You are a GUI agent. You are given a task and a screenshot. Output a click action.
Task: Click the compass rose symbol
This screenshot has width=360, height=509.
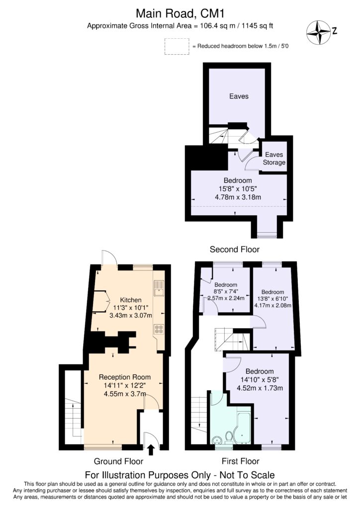click(318, 31)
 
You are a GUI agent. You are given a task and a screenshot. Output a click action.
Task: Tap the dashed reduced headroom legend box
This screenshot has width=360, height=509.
click(177, 46)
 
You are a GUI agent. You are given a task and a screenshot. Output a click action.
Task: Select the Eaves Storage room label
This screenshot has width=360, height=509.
click(274, 159)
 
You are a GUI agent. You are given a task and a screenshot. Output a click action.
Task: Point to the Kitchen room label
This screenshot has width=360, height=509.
click(131, 300)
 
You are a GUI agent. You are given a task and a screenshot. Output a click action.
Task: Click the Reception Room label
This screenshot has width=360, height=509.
click(124, 377)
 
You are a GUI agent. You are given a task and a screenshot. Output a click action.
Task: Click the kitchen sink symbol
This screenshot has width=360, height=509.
click(159, 288)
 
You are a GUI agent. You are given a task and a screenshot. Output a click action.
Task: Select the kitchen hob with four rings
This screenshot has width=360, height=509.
click(160, 329)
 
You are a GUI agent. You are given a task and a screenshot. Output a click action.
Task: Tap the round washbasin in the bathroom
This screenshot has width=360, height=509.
click(217, 439)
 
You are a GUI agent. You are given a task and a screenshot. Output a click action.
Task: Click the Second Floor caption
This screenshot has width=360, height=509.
click(235, 249)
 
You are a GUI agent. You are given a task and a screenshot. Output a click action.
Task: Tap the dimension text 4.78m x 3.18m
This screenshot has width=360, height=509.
click(238, 197)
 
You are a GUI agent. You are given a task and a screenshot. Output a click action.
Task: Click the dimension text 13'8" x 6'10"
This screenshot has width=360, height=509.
click(272, 299)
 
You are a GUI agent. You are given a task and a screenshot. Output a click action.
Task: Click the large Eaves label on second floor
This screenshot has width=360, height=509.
click(239, 96)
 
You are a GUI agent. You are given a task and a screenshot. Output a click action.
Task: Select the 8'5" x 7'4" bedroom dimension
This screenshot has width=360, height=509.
click(225, 291)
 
